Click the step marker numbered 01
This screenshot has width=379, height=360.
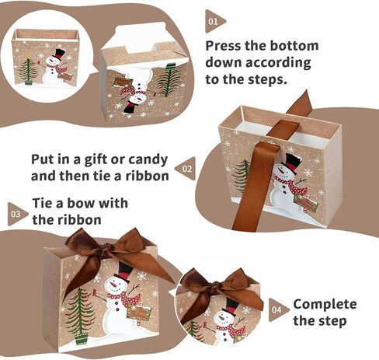(214, 21)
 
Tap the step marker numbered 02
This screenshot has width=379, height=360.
(186, 169)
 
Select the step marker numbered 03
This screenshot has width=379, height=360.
(16, 214)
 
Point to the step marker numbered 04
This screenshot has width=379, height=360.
(277, 309)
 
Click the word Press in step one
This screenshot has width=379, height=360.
(223, 46)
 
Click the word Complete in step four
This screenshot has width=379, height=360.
(325, 304)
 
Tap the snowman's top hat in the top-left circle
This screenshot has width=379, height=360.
(59, 54)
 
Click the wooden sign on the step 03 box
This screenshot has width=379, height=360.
(139, 313)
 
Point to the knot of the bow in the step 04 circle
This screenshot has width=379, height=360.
(217, 288)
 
